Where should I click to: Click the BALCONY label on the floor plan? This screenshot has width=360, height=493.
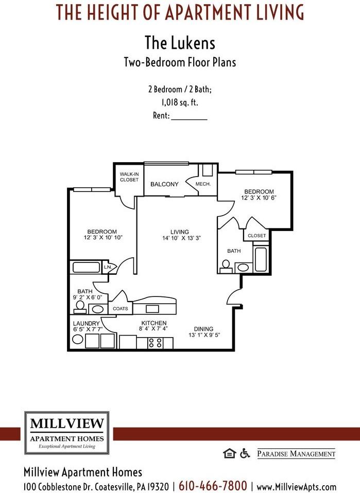pos(164,184)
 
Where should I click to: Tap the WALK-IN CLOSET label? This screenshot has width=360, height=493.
pos(129,177)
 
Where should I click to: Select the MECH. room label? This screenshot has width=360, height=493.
pos(203,184)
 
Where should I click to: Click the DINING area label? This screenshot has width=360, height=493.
pos(203,329)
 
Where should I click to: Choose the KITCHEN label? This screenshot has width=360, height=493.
pos(154,323)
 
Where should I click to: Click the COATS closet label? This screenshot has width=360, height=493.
pos(121,309)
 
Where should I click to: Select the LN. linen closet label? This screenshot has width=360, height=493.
pos(108,268)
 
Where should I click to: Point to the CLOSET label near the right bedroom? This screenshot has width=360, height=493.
pos(257,236)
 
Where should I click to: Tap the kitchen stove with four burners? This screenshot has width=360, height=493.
pos(156,342)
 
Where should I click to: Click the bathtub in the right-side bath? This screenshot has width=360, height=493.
pos(260,260)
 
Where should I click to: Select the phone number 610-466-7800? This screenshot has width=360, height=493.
pos(213,485)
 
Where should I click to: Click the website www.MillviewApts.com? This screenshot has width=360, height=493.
pos(296,486)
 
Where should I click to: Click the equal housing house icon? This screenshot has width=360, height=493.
pos(229,453)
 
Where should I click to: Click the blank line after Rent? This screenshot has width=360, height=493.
pos(188,116)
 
